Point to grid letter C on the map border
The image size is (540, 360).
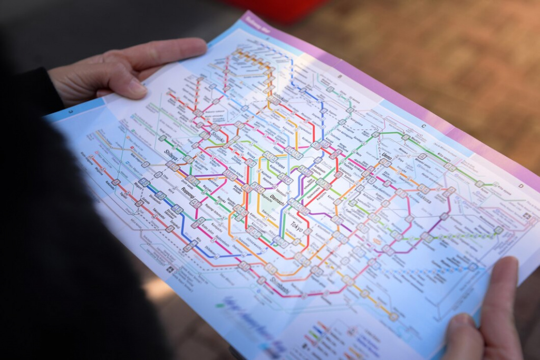click(423, 127)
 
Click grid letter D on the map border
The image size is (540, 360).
click(520, 186)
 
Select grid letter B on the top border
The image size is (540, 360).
click(340, 77)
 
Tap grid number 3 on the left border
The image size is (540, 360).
click(70, 111)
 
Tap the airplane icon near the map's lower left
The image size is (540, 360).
click(170, 269)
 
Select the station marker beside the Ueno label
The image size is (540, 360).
click(385, 163)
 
